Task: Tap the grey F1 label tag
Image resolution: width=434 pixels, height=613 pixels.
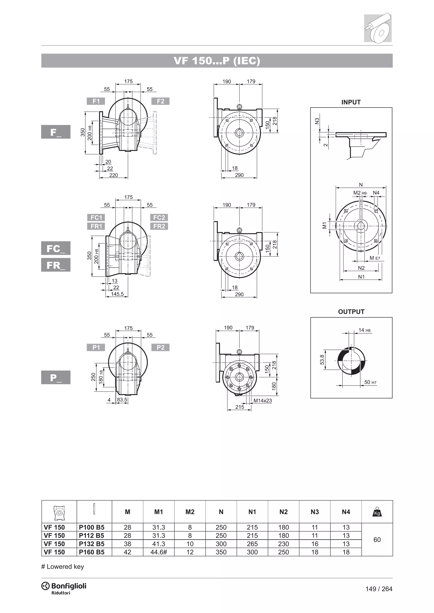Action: tap(96, 101)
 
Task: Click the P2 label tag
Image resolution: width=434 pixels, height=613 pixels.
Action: tap(160, 347)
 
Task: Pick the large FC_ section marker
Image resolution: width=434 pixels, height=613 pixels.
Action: tap(56, 248)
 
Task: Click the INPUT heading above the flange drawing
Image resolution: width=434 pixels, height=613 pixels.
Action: tap(351, 102)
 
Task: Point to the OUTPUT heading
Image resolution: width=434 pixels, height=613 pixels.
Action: tap(351, 312)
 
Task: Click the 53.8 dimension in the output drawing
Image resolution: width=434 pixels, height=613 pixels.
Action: tap(322, 360)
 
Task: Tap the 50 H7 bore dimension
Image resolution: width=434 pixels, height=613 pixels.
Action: tap(370, 382)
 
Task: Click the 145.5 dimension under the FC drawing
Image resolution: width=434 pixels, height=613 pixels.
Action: tap(117, 294)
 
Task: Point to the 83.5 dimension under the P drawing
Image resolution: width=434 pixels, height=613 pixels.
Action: tap(122, 400)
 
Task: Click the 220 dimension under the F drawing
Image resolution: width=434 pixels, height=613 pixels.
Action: tap(113, 175)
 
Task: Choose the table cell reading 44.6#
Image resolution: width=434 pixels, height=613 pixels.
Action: tap(159, 552)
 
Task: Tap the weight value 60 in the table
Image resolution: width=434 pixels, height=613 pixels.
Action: tap(377, 540)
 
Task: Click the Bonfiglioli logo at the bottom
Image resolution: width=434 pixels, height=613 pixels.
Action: tap(64, 587)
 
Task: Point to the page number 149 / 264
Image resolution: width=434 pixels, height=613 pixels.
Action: tap(379, 589)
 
